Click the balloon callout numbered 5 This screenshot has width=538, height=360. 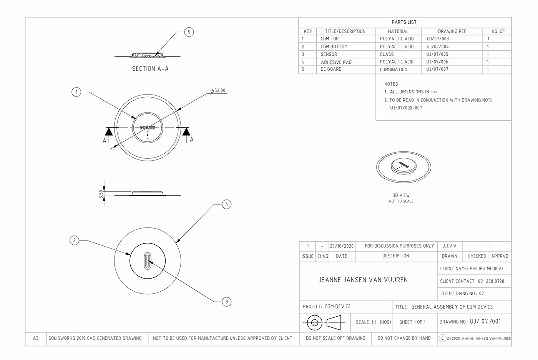tap(189, 32)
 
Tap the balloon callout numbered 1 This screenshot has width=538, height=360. tap(76, 92)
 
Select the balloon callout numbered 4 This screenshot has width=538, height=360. tap(227, 204)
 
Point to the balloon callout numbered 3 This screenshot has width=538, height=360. tap(227, 302)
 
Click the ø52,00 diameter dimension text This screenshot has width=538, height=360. tap(218, 91)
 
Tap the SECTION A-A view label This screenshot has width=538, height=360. tap(150, 69)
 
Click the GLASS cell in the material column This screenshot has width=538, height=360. tap(387, 54)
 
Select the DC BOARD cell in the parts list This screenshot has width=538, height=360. tap(331, 69)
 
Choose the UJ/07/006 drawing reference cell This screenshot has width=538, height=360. tap(437, 61)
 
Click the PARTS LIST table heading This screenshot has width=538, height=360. tap(404, 22)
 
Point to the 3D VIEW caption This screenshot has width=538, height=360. tap(401, 195)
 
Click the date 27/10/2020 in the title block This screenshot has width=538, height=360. tap(342, 246)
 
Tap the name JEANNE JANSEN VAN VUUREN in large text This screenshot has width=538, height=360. tap(363, 280)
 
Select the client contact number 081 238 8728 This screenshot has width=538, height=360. tap(491, 281)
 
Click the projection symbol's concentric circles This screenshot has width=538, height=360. tap(314, 322)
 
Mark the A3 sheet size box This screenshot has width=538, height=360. tap(36, 338)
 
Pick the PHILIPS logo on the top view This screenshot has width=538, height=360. tap(148, 127)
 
